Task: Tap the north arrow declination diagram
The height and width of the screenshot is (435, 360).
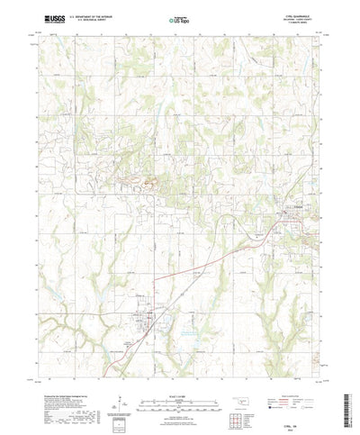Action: pos(119,377)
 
